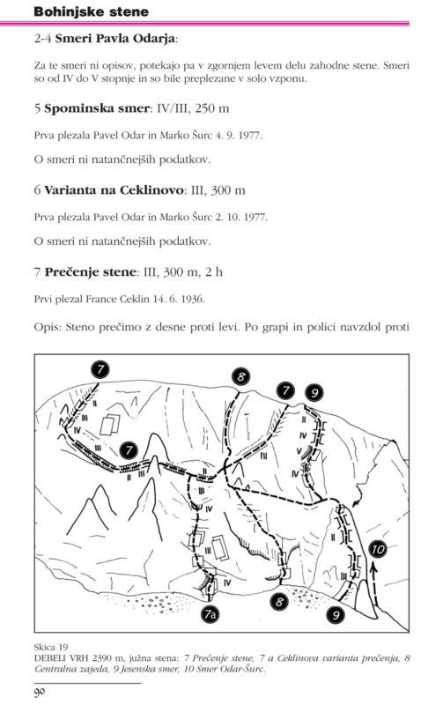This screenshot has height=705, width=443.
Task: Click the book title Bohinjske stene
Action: point(92,11)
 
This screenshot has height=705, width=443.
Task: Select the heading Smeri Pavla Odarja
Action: point(114,39)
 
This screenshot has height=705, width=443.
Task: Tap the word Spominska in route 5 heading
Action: point(73,108)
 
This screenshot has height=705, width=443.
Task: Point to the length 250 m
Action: point(212,108)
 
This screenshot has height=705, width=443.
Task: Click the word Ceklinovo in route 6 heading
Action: point(151,190)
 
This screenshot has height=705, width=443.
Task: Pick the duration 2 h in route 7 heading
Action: point(214,271)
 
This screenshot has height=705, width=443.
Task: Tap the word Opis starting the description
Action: point(48,327)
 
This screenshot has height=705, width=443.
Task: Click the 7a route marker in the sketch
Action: point(210,613)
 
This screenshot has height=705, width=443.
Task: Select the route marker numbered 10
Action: point(377,549)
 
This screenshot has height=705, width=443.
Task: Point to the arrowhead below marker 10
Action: point(373,568)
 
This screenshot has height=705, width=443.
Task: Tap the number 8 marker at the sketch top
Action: point(241,377)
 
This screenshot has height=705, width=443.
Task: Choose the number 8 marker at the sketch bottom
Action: point(279,601)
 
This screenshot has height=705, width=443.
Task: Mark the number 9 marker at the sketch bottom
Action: point(336,613)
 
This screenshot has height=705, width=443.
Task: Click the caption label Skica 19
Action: point(51,647)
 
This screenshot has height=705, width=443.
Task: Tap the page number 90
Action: point(41,692)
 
